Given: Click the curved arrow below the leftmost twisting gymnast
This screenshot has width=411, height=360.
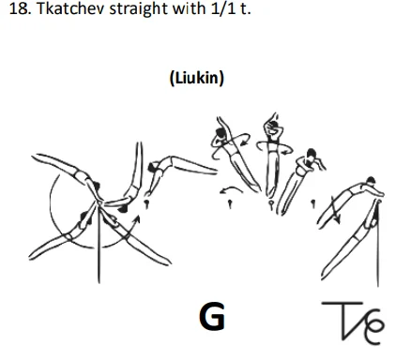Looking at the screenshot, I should pyautogui.click(x=225, y=191).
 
